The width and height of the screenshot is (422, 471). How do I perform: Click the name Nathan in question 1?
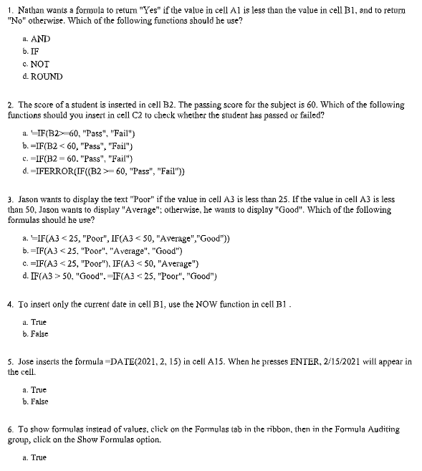pos(30,11)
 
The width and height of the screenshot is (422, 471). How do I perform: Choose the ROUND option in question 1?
pos(47,76)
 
